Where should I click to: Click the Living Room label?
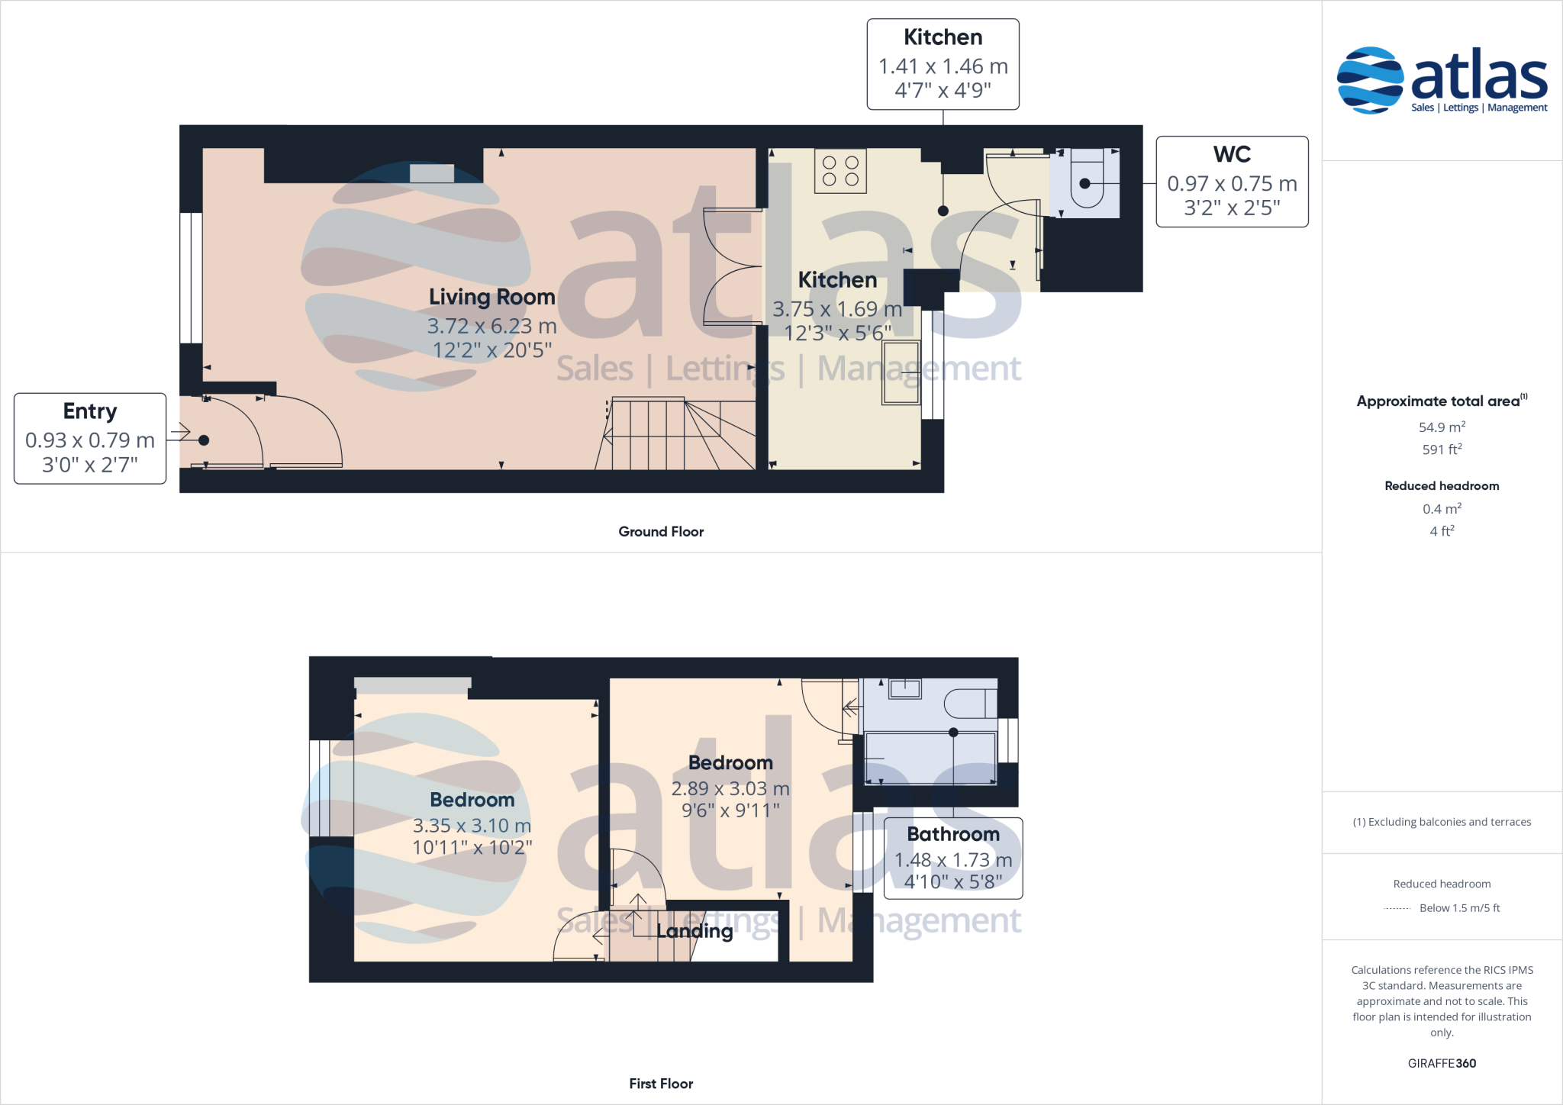point(491,297)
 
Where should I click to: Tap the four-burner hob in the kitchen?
point(840,171)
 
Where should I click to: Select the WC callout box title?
point(1232,154)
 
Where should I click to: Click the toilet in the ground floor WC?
point(1086,179)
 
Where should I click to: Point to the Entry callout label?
point(90,411)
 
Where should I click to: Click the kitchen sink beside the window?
point(901,372)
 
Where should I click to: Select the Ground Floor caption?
point(661,532)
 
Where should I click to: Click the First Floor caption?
point(661,1084)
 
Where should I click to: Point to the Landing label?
point(694,931)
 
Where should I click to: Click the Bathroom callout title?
point(953,834)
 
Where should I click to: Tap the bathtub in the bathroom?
point(930,757)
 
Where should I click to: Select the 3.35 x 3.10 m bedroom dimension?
point(472,826)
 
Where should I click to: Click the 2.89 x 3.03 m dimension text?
point(730,788)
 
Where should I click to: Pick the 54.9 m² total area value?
point(1442,427)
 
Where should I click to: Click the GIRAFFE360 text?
point(1442,1063)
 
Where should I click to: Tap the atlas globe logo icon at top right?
point(1370,80)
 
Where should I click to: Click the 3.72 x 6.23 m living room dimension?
point(491,326)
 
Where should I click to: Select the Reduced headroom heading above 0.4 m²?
point(1442,486)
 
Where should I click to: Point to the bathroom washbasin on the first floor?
point(904,689)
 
